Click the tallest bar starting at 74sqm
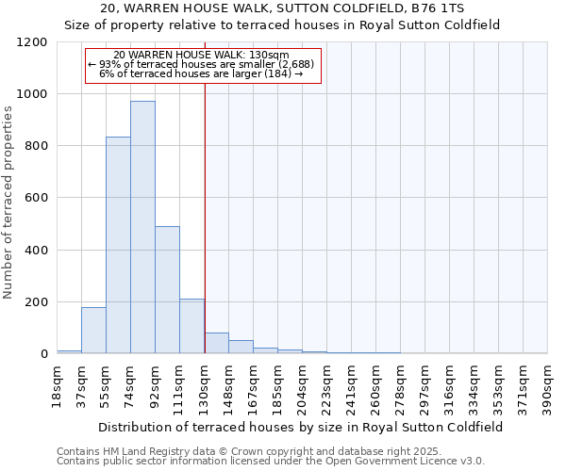pyautogui.click(x=142, y=227)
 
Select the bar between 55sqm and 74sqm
pyautogui.click(x=118, y=245)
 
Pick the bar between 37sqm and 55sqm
pyautogui.click(x=93, y=331)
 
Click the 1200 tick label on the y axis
pyautogui.click(x=31, y=42)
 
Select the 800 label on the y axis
pyautogui.click(x=35, y=146)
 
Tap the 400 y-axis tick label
pyautogui.click(x=35, y=251)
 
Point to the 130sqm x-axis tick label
pyautogui.click(x=205, y=386)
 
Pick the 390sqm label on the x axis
pyautogui.click(x=547, y=386)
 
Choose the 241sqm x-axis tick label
pyautogui.click(x=352, y=386)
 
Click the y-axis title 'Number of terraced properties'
pyautogui.click(x=8, y=203)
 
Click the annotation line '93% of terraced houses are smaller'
pyautogui.click(x=203, y=64)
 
